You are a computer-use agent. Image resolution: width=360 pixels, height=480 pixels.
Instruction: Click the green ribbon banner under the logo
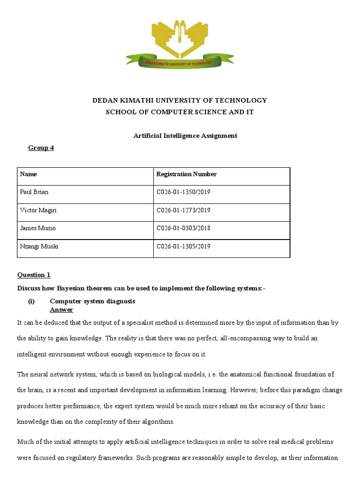[180, 62]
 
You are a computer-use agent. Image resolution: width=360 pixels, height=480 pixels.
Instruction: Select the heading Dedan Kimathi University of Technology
[180, 100]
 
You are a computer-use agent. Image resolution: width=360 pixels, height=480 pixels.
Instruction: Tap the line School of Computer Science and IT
[180, 112]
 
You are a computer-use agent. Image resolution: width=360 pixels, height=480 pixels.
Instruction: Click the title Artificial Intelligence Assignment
[185, 135]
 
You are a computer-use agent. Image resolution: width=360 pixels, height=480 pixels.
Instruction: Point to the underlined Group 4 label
[41, 148]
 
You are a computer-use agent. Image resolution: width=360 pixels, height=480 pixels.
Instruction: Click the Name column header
[29, 174]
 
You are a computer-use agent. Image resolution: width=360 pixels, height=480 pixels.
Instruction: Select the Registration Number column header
[186, 174]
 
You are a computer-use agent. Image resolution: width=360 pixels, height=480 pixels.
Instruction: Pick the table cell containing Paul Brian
[34, 192]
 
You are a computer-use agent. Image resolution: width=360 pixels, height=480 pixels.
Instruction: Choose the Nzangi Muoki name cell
[39, 247]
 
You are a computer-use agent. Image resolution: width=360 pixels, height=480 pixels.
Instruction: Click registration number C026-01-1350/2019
[183, 192]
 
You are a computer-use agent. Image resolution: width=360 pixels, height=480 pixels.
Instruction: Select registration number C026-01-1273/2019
[183, 210]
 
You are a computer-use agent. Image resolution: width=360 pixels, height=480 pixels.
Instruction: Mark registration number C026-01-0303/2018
[183, 228]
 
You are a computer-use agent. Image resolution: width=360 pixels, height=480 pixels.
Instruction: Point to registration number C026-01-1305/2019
[183, 247]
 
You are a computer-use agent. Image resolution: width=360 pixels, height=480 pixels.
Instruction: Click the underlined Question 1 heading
[34, 275]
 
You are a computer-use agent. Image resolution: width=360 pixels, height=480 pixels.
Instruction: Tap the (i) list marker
[31, 301]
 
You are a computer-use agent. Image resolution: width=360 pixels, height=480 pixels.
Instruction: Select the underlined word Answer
[61, 310]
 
